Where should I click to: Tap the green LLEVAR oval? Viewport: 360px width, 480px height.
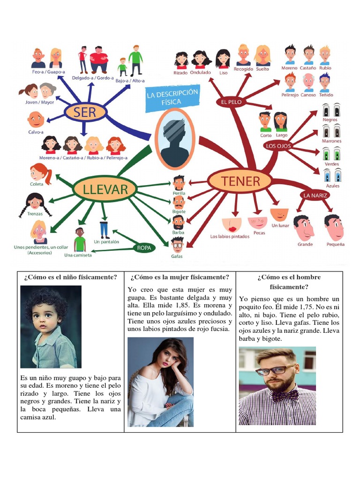[105, 189]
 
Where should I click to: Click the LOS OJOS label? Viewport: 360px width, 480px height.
[278, 146]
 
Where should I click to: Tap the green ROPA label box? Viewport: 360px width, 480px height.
[144, 247]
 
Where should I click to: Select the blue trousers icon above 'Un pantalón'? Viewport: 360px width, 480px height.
[105, 230]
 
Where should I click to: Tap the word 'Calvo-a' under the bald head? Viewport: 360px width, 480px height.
[36, 132]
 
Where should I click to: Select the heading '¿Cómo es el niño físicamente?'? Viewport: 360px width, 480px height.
[71, 277]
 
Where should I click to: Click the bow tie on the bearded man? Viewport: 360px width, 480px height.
[286, 395]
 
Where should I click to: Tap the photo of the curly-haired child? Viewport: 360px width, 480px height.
[51, 326]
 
